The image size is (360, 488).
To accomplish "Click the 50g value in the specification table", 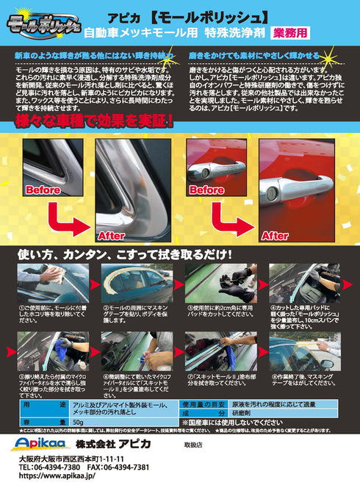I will click(x=77, y=423).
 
